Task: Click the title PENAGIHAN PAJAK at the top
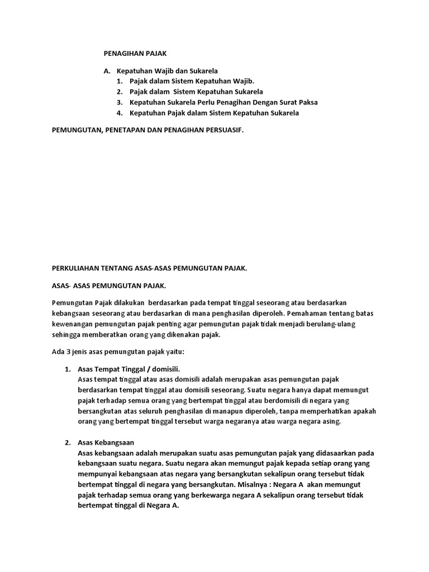[x=135, y=54]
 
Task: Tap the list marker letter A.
[x=107, y=71]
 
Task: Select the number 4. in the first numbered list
[x=120, y=113]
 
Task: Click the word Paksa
[x=307, y=102]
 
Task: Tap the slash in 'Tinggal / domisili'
[x=147, y=369]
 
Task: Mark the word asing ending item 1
[x=330, y=422]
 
